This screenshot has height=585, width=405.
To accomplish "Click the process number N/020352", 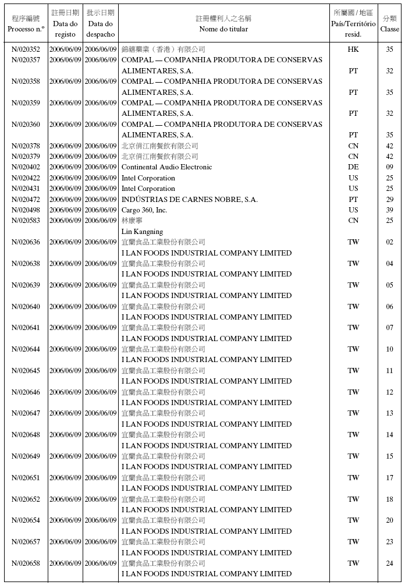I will pos(26,49).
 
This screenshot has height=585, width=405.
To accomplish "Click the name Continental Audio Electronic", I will pos(166,167).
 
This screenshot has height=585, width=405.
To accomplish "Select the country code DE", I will pos(353,167).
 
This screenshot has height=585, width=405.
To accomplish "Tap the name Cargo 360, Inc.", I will pos(144,210).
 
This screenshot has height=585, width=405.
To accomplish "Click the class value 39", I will pos(389,210).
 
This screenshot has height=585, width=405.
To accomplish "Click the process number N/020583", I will pos(26,221).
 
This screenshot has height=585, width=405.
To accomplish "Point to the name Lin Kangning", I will pos(142,232).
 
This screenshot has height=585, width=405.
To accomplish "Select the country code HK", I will pos(353,49).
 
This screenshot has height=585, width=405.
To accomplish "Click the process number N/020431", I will pos(26,189).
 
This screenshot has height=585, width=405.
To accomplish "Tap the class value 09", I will pos(389,167).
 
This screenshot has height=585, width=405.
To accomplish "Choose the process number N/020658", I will pos(26,563).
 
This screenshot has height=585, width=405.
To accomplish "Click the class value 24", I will pos(389,563).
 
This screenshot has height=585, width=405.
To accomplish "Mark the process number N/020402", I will pos(26,167).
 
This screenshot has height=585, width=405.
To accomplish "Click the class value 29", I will pos(389,200).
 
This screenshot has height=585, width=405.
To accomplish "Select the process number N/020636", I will pos(26,242).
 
